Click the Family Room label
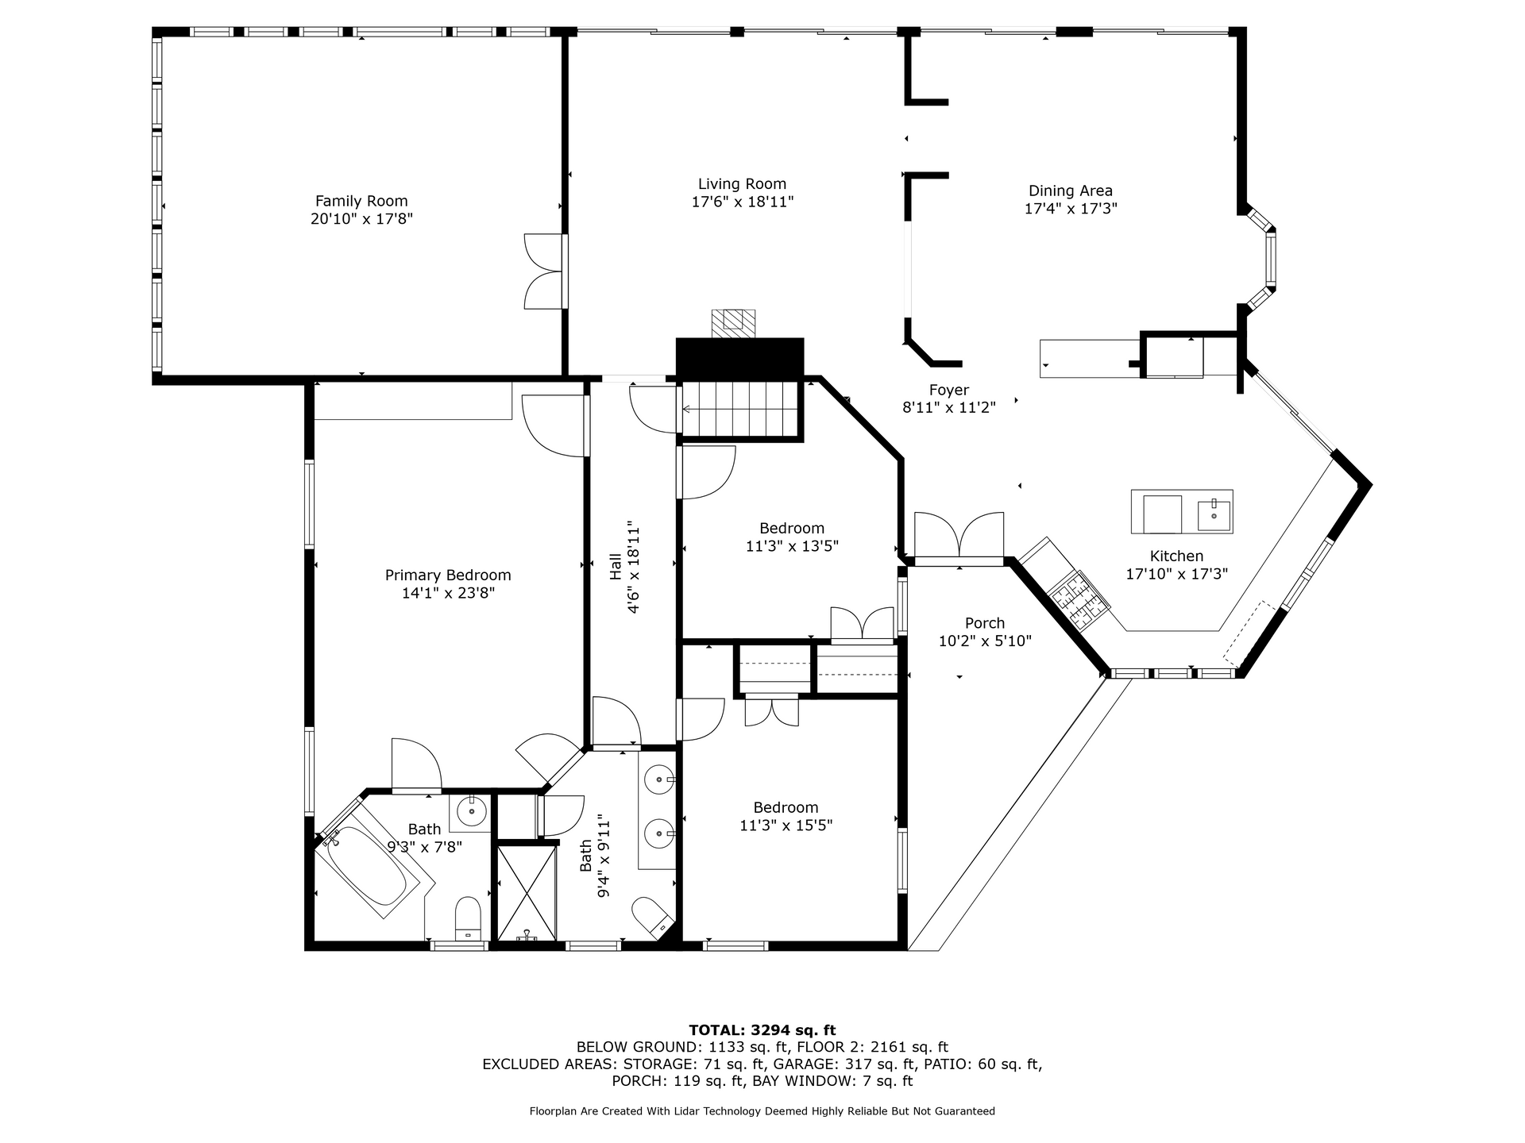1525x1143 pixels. [361, 202]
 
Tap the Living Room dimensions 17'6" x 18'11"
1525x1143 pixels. [743, 202]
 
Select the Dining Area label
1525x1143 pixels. [1071, 191]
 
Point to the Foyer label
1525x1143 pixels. [949, 391]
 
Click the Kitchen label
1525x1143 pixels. [1176, 556]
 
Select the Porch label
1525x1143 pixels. [985, 623]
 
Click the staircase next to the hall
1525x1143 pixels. [739, 410]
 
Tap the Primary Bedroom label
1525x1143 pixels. [448, 575]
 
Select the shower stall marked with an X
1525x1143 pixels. [526, 893]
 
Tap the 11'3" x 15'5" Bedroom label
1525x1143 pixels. [786, 825]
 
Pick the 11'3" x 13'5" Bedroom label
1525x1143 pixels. [792, 546]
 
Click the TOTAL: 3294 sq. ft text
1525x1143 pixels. [762, 1030]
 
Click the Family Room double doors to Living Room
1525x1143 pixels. [546, 271]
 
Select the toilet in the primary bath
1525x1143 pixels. [468, 918]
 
